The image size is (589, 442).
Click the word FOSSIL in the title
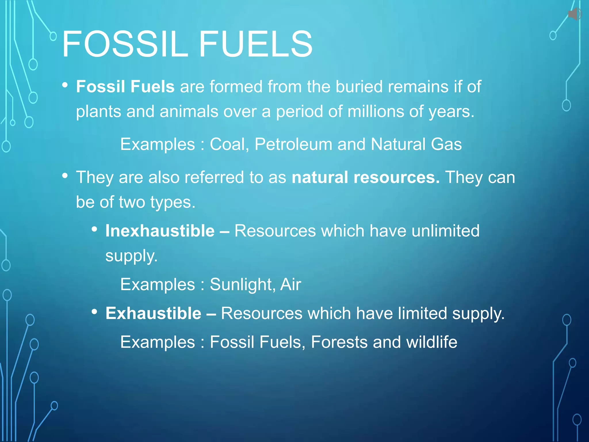(x=125, y=44)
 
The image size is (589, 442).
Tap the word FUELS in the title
(x=255, y=44)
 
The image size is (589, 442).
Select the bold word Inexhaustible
(x=160, y=231)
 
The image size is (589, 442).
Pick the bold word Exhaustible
(x=153, y=313)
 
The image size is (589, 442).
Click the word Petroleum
(x=293, y=144)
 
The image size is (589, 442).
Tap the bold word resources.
(x=397, y=177)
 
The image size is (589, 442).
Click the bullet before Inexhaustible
(x=94, y=229)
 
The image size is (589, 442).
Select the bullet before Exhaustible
(x=94, y=312)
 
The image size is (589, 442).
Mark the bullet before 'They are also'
(x=65, y=175)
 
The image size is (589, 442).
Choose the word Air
(x=290, y=285)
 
